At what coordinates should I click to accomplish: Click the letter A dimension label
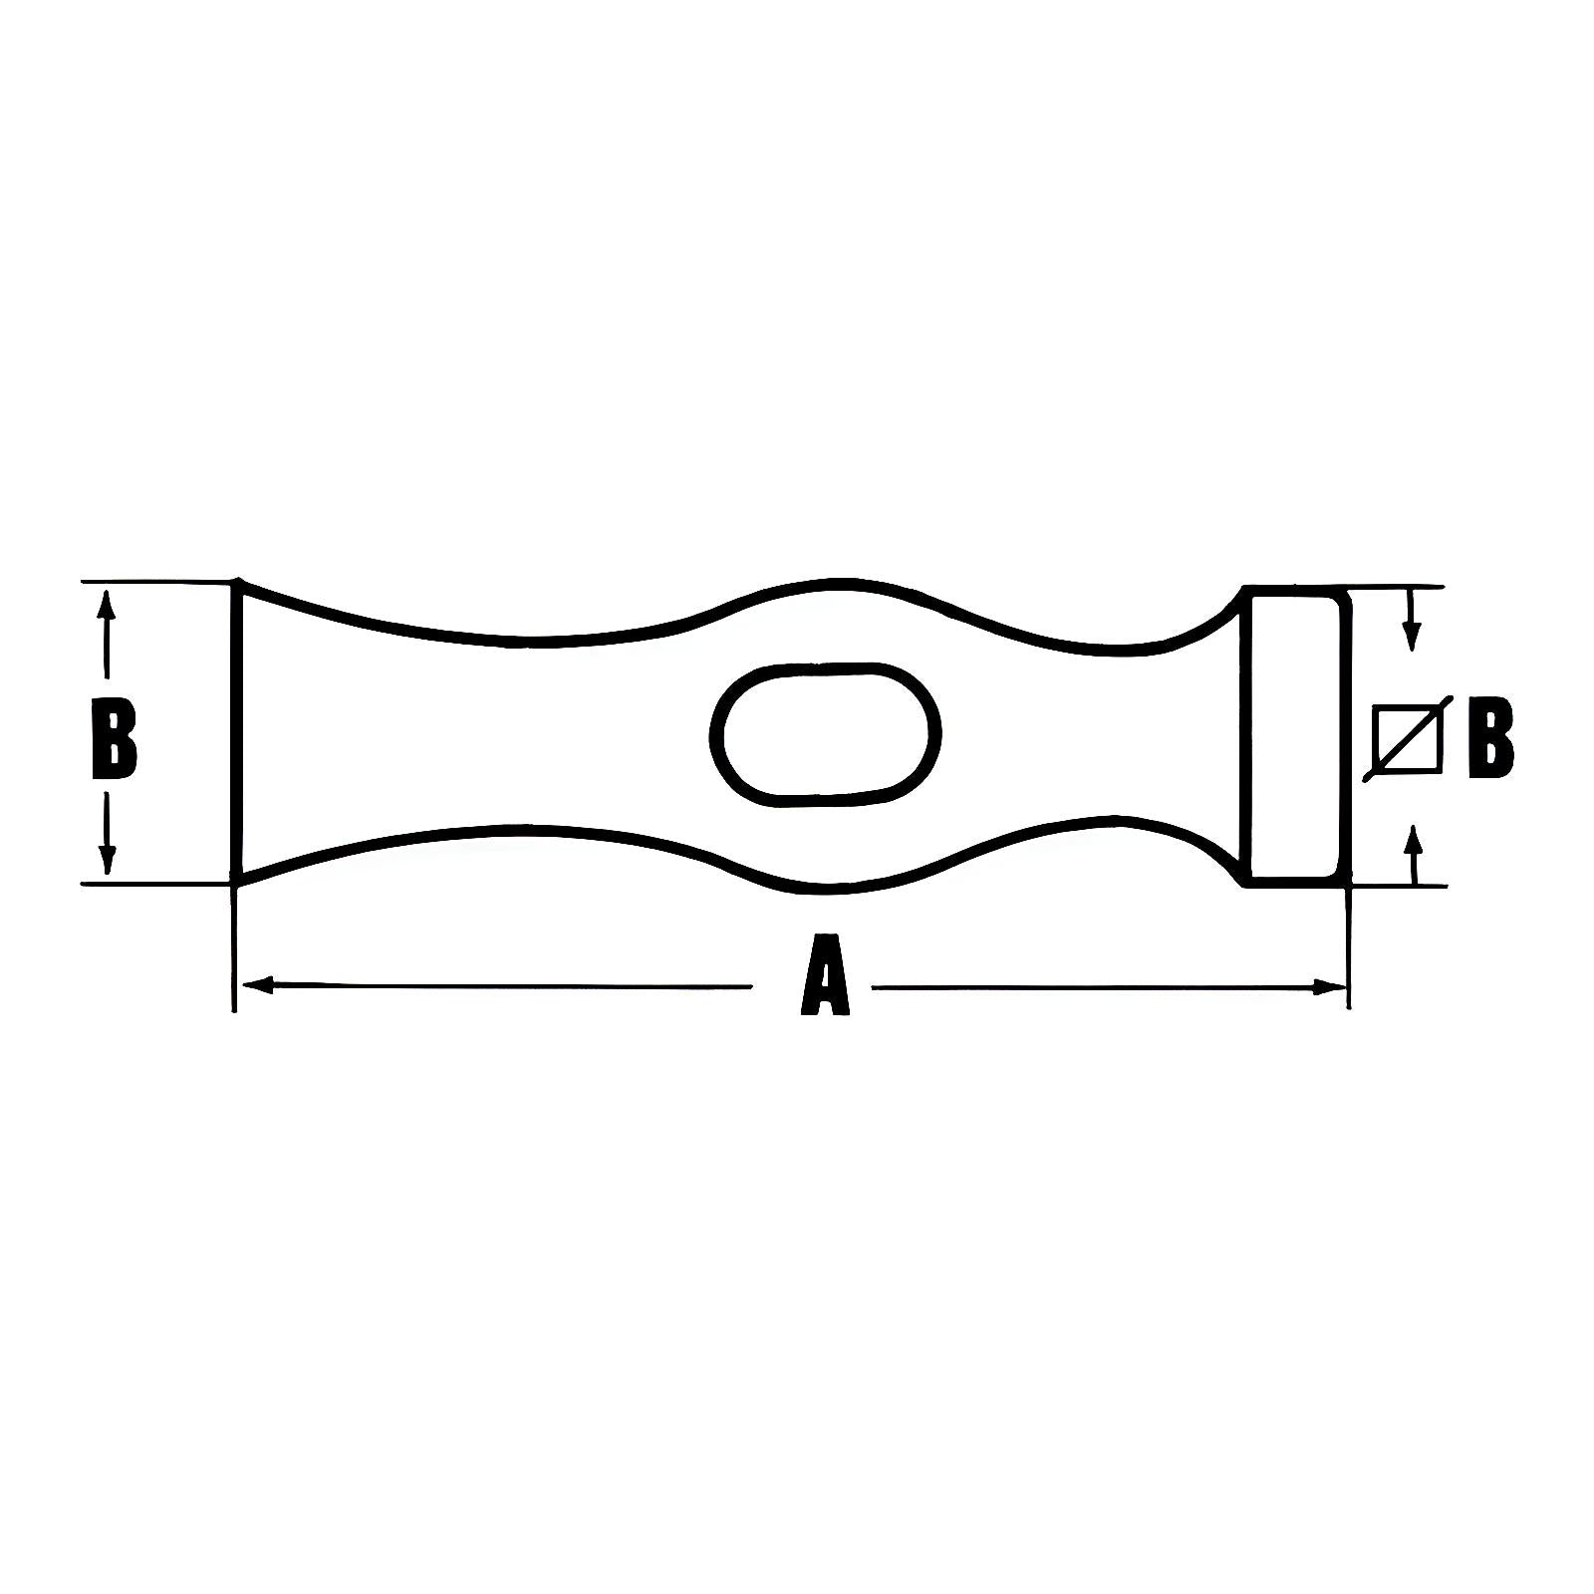point(825,975)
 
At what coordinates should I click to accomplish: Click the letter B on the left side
point(114,737)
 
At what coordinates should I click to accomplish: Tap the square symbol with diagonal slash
point(1405,738)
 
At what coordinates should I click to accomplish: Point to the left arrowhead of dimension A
point(258,985)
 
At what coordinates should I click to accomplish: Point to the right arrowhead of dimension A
point(1329,987)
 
